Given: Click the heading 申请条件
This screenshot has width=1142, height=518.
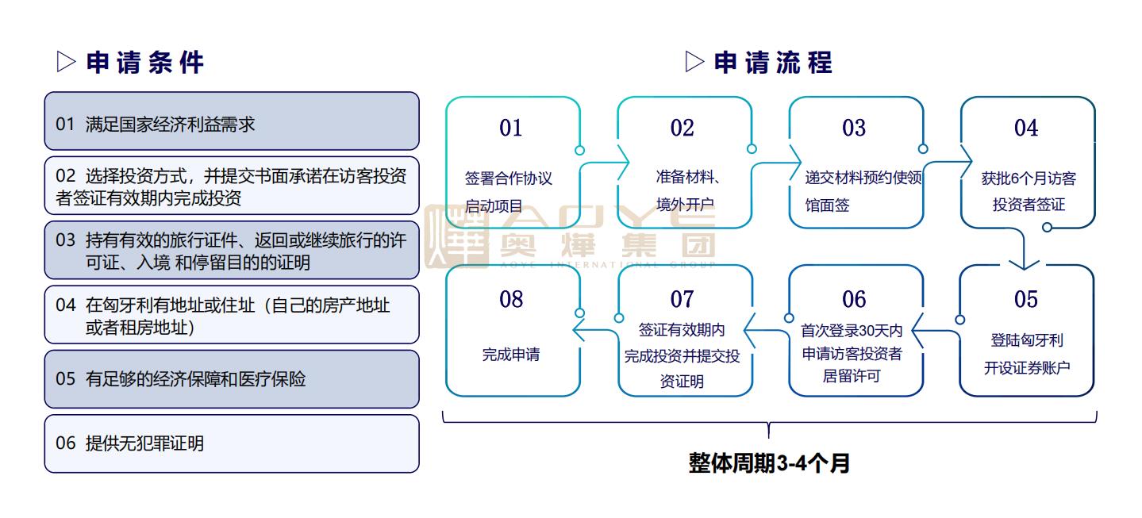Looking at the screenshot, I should [145, 63].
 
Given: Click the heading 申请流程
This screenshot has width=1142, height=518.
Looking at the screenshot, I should [774, 63].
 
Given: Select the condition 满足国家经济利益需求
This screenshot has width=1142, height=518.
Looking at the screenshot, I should [170, 125].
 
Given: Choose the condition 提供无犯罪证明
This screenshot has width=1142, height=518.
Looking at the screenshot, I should [144, 443].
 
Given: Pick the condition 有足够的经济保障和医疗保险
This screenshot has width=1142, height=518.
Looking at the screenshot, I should [195, 379].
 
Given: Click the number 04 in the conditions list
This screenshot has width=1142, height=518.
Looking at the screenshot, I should [65, 305].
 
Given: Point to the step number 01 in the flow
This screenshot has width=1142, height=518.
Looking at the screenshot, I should [511, 128].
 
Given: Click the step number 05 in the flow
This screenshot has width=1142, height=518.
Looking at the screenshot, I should [1025, 299].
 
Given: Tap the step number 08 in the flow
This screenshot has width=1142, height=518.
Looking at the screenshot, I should [511, 299].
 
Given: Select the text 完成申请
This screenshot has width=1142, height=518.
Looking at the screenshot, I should [511, 355].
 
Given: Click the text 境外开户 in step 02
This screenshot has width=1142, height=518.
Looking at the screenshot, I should [685, 205].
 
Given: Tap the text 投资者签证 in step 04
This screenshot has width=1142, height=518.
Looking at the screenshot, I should [1029, 205].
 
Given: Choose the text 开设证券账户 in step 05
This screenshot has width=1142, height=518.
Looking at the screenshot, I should [1027, 368].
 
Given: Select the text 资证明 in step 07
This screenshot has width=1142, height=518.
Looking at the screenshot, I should [682, 382].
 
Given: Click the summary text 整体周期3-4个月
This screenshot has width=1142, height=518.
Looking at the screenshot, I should [769, 463].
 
